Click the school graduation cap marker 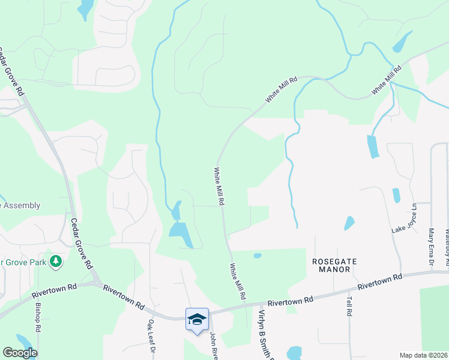click(x=197, y=319)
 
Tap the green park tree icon click(x=56, y=261)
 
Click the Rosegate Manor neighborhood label click(x=331, y=265)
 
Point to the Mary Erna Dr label click(x=431, y=241)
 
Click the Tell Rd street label click(x=349, y=305)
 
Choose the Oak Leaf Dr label click(x=151, y=340)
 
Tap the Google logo click(x=20, y=353)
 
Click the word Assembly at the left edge click(x=22, y=205)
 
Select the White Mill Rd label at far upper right click(x=386, y=79)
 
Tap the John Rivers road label click(x=212, y=346)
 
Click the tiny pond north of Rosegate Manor click(x=258, y=256)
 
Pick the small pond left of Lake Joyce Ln click(x=396, y=196)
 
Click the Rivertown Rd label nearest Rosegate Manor click(x=381, y=283)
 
